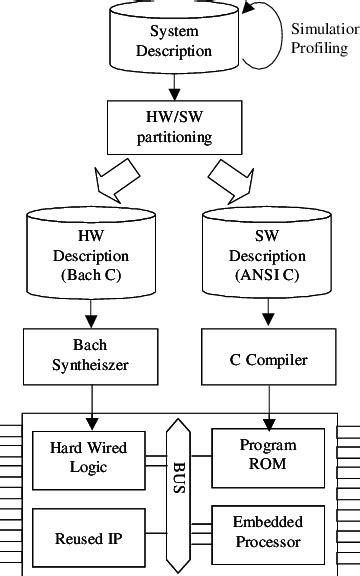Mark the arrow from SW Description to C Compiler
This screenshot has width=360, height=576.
[267, 315]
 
